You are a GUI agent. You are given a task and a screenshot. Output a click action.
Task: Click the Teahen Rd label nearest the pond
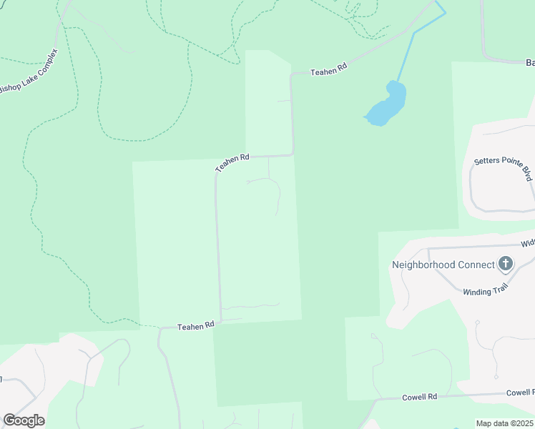[x=328, y=69]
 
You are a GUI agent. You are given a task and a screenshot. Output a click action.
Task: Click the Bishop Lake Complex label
[x=28, y=74]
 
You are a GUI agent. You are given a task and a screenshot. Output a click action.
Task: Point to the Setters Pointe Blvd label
[x=505, y=169]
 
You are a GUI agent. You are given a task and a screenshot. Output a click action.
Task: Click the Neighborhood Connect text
[x=443, y=265]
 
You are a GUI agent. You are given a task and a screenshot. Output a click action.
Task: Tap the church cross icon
[x=506, y=264]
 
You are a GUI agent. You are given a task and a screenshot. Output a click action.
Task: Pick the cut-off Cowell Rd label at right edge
[x=520, y=393]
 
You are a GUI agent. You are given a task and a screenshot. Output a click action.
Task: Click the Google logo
[x=24, y=420]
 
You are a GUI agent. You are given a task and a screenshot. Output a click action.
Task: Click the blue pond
[x=386, y=106]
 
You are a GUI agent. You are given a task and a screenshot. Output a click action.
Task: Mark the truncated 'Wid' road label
[x=527, y=243]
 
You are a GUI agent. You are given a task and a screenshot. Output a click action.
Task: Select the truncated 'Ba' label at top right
[x=530, y=63]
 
